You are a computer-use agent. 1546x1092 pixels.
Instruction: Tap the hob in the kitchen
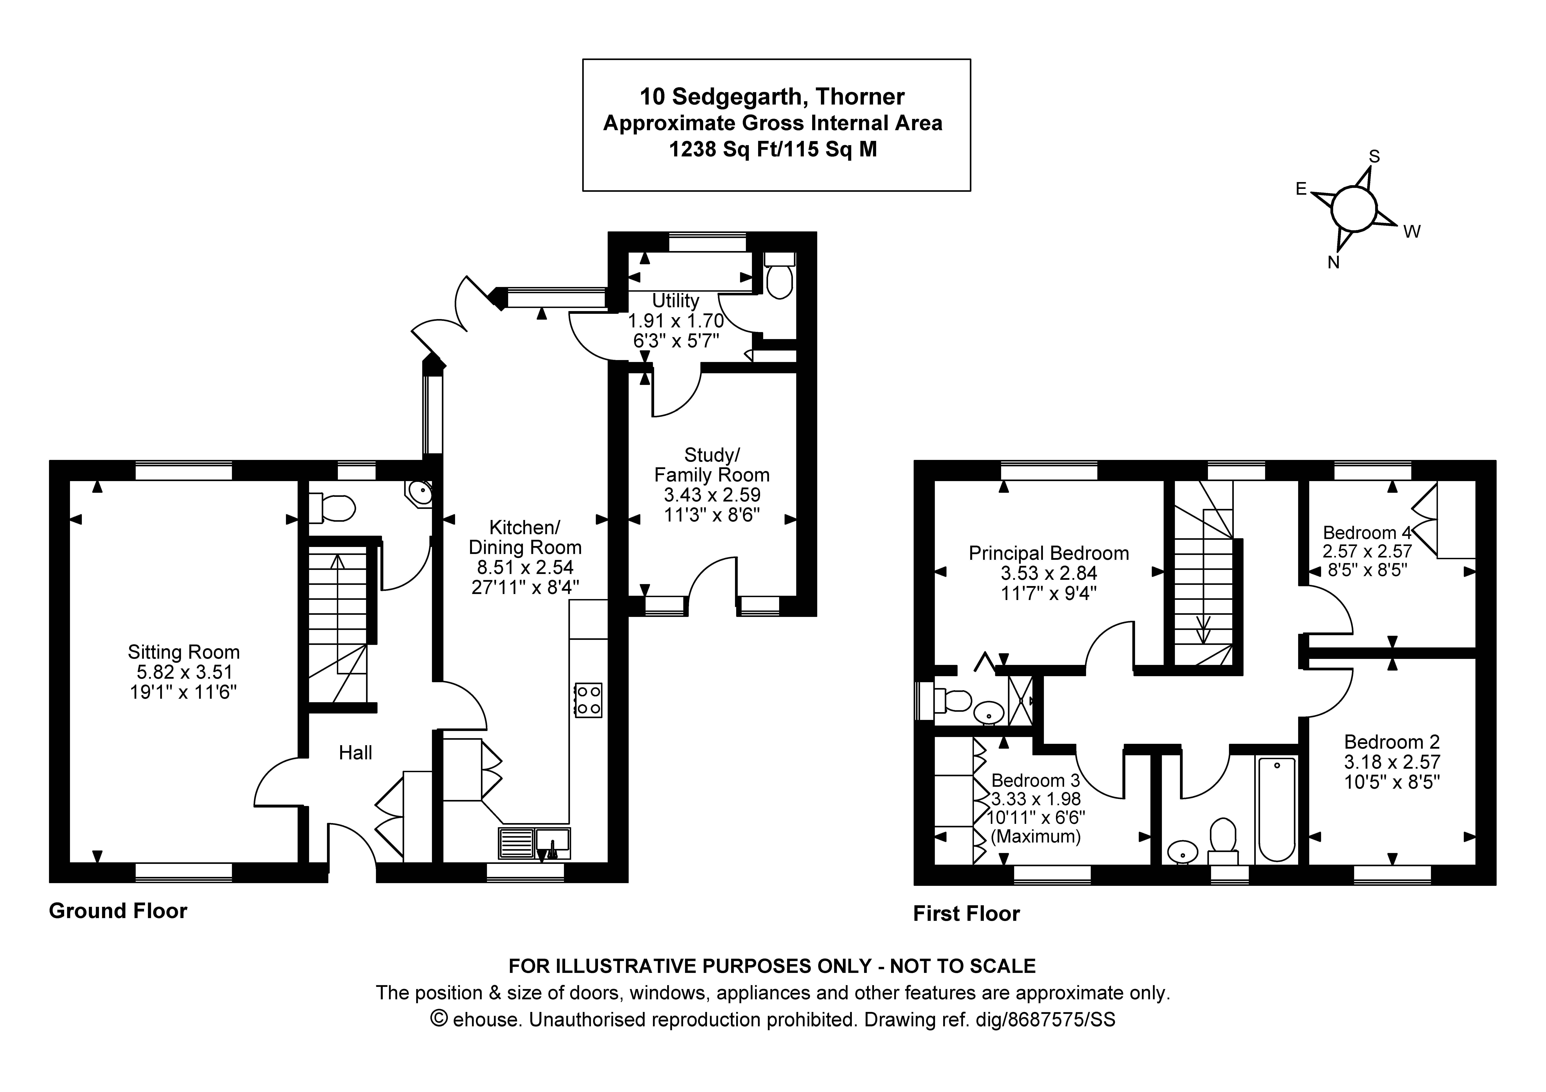tap(588, 700)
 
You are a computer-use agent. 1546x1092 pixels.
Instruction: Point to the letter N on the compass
tap(1333, 263)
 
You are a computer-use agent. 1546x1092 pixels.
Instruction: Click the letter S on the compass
tap(1374, 157)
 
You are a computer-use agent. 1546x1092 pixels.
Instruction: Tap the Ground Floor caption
tap(118, 911)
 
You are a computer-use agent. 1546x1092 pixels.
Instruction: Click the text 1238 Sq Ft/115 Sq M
tap(772, 149)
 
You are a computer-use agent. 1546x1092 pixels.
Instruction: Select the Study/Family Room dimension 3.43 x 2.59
tap(712, 495)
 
